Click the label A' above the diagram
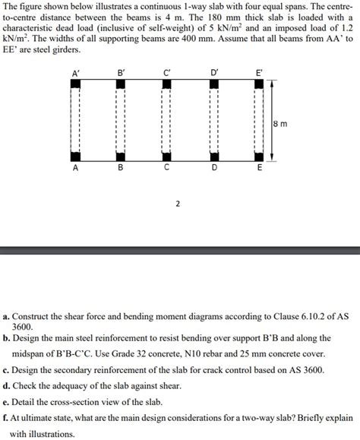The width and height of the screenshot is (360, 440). (x=74, y=72)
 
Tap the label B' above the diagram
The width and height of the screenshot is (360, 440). (x=121, y=72)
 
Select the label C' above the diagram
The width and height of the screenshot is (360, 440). (x=167, y=72)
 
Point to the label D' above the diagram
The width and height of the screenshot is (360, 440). (x=213, y=72)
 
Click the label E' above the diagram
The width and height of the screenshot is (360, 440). (x=259, y=72)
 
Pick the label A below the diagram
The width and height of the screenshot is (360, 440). (x=74, y=170)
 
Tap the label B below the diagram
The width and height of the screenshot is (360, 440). (x=121, y=170)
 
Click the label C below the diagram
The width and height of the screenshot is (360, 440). (x=167, y=170)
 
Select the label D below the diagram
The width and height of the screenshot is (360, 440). (x=213, y=170)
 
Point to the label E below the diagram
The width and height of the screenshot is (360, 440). (x=259, y=170)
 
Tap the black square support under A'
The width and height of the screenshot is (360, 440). (x=74, y=84)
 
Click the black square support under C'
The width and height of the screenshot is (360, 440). (x=167, y=84)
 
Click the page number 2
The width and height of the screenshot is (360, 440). (x=177, y=204)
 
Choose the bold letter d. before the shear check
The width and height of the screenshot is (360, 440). (x=7, y=385)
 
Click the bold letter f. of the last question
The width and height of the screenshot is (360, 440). (x=5, y=417)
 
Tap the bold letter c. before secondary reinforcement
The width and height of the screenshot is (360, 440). (x=6, y=369)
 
